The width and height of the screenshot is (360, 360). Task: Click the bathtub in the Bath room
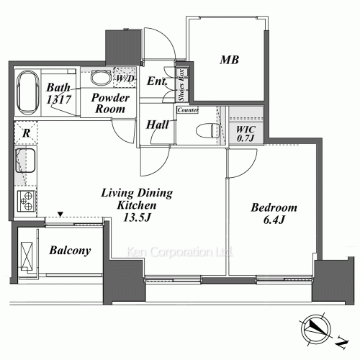click(28, 92)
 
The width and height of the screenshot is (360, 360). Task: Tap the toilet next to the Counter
click(208, 131)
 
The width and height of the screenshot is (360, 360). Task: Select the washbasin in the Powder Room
click(101, 77)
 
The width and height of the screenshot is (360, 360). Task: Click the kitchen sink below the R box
click(25, 161)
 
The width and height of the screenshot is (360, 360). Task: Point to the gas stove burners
click(27, 201)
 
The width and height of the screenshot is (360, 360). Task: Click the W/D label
click(125, 78)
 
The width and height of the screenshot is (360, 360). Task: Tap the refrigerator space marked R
click(26, 132)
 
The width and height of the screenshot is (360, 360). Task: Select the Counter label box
click(188, 110)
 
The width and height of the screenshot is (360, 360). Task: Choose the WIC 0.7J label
click(246, 134)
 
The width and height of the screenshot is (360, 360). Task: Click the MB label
click(229, 60)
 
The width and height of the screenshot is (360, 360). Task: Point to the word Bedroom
click(274, 207)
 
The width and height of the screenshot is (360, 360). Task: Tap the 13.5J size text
click(137, 217)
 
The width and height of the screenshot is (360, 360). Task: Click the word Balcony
click(70, 251)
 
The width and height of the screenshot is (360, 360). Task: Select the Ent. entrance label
click(157, 81)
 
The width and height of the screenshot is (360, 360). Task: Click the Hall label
click(158, 125)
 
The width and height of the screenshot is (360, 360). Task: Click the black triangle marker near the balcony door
click(60, 214)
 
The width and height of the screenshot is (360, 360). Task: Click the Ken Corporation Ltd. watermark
click(179, 252)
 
